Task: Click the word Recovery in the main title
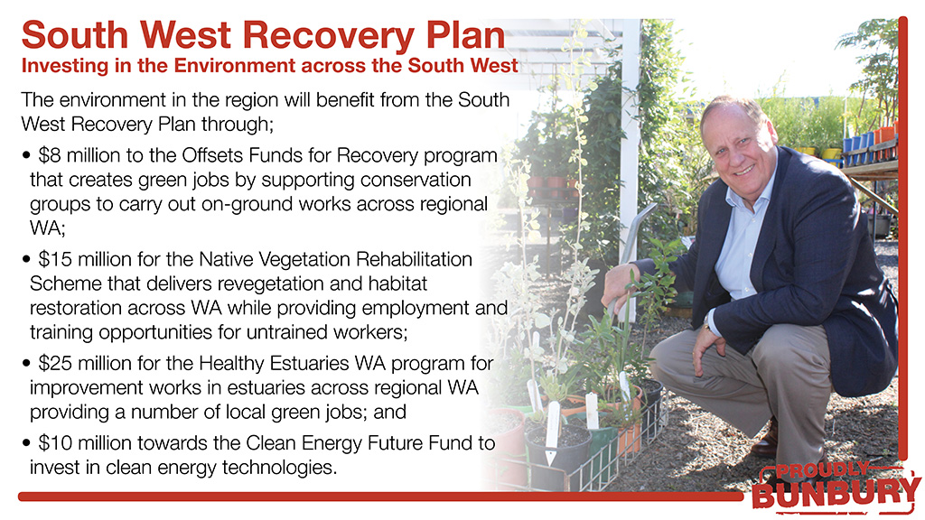tap(329, 36)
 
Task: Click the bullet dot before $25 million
tap(26, 363)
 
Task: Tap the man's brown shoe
tap(767, 441)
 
